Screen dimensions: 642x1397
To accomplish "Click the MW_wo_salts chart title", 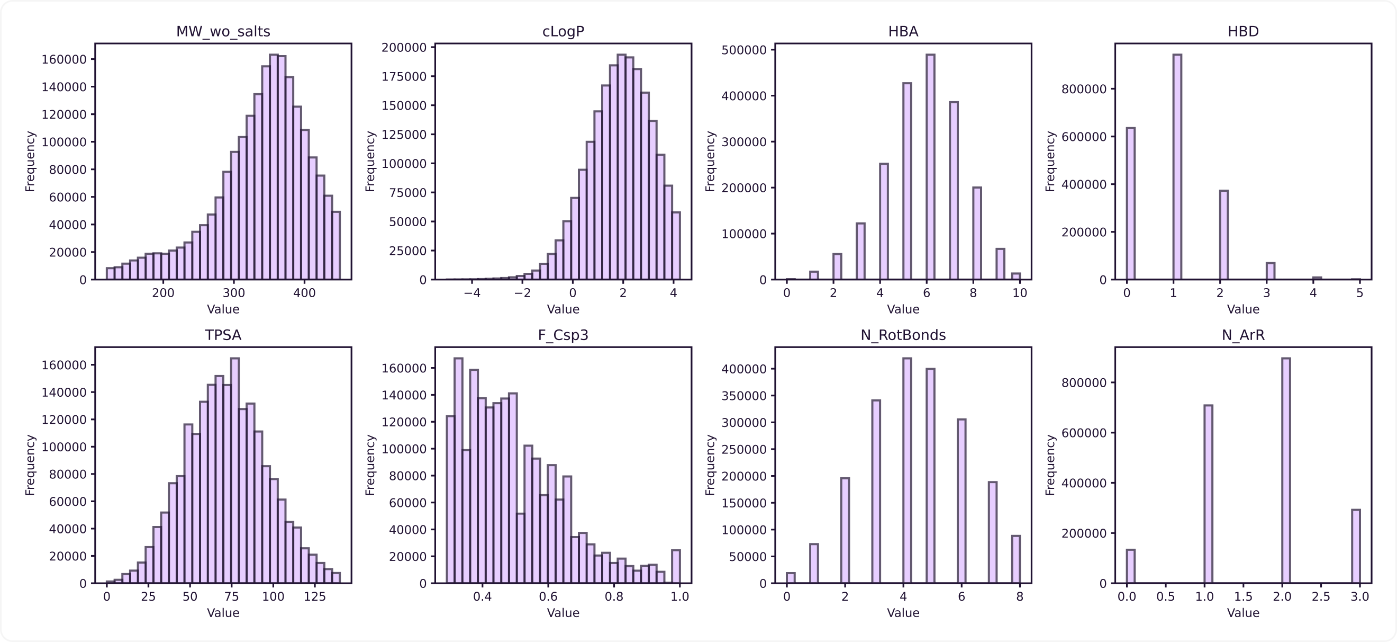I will point(223,31).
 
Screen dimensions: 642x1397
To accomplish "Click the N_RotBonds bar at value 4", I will point(907,470).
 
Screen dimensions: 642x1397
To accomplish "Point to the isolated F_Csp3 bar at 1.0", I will point(676,567).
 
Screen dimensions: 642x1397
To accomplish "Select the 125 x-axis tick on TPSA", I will point(314,597).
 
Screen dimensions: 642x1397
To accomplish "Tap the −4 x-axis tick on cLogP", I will point(472,293).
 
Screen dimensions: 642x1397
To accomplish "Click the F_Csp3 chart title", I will point(563,335).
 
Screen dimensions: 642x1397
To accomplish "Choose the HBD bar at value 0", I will point(1130,204).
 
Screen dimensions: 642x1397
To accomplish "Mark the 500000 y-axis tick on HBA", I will point(745,50).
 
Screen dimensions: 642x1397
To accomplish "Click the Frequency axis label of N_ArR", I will point(1050,465).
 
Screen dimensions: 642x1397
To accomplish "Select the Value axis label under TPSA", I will point(223,613).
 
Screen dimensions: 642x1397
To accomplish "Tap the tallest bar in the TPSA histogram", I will point(235,470).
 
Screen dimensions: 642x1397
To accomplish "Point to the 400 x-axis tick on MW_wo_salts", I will point(304,293).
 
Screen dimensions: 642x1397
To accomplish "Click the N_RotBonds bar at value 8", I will point(1015,559).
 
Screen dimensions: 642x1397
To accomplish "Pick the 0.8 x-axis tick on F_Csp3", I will point(614,597).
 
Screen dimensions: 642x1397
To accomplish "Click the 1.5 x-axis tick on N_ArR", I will point(1243,597).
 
